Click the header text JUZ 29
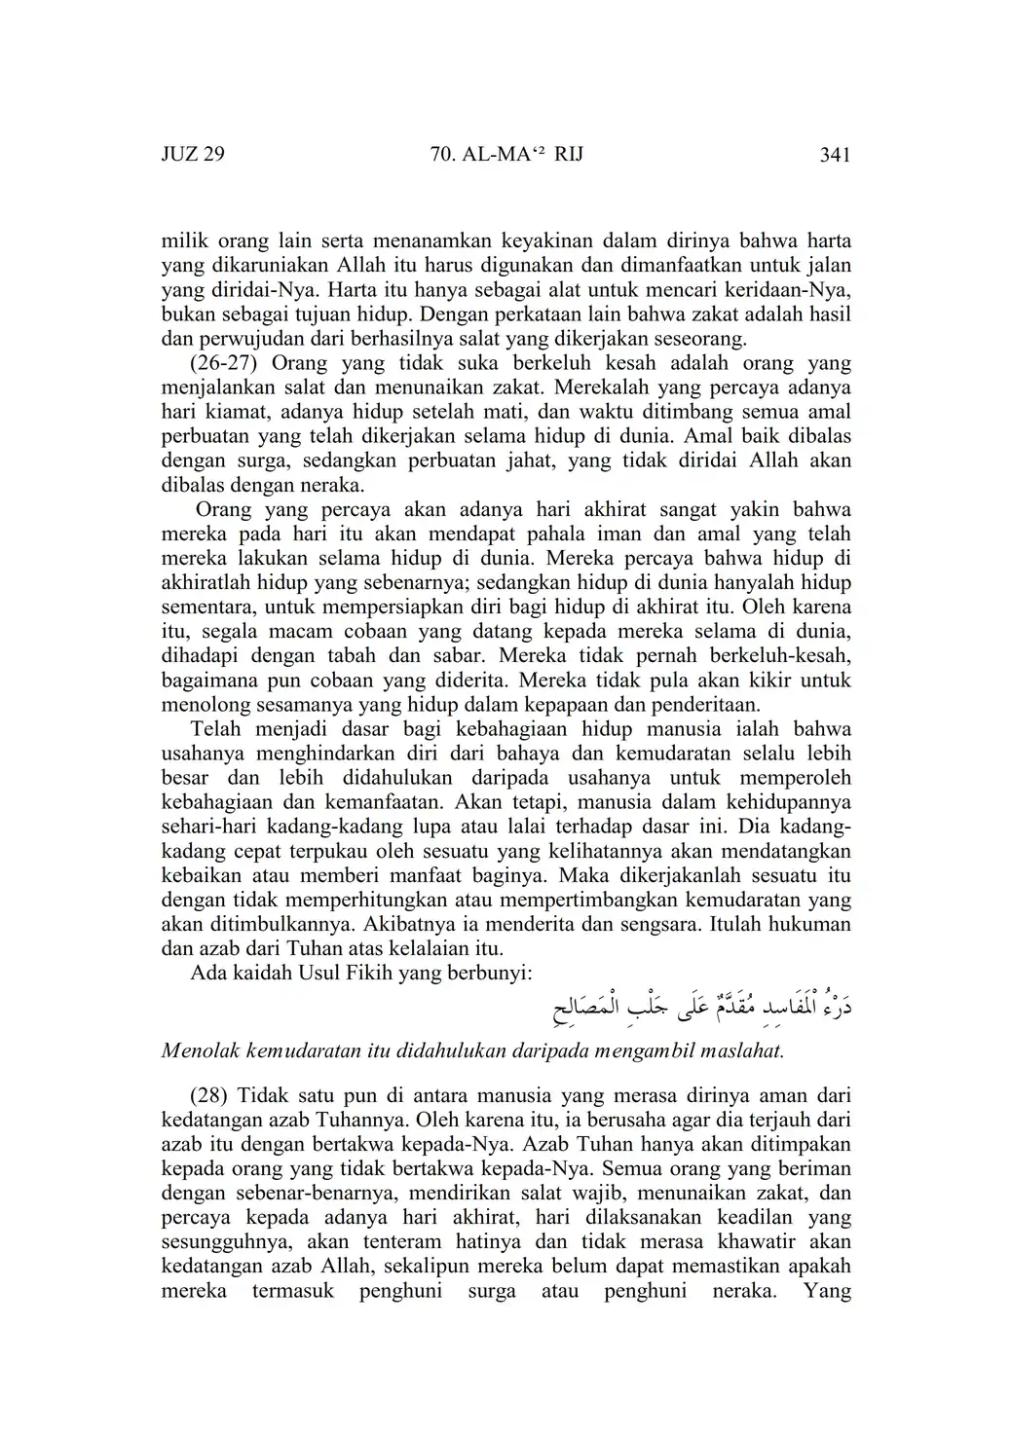click(x=193, y=155)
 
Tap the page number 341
click(x=835, y=155)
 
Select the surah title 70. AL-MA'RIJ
click(x=505, y=155)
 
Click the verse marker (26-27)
click(x=224, y=363)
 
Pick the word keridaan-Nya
click(x=788, y=289)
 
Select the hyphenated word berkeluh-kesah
click(x=787, y=656)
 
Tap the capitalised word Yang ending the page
click(x=828, y=1291)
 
